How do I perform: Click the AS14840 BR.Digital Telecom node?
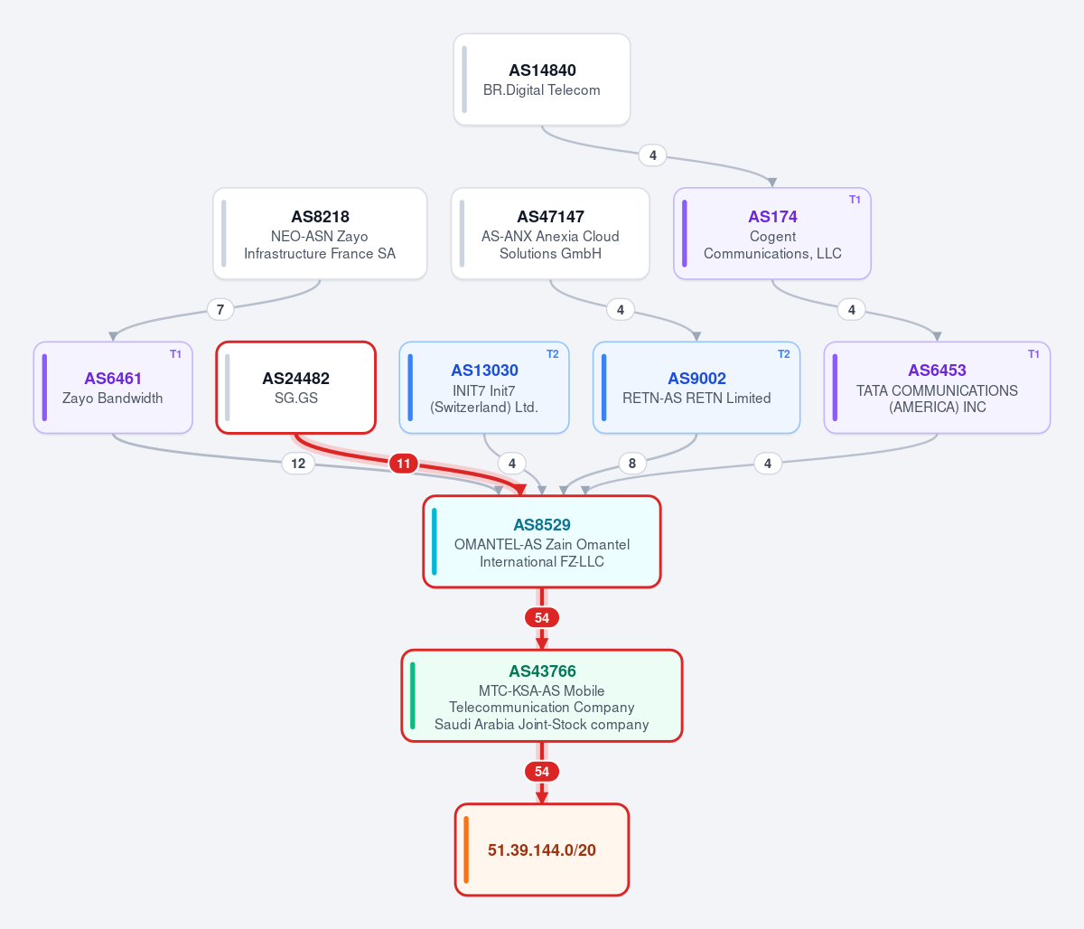(x=542, y=80)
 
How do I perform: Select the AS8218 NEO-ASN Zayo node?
(x=320, y=233)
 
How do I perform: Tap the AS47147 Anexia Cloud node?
(x=550, y=233)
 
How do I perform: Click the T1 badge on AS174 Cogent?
(x=855, y=200)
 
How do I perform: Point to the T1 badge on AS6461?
(x=175, y=354)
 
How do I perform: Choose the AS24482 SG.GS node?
(x=295, y=388)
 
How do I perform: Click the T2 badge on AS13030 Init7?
(x=553, y=354)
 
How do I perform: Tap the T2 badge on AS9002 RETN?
(x=783, y=354)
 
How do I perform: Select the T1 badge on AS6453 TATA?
(x=1033, y=354)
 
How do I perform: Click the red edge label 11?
(x=403, y=464)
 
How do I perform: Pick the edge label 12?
(x=298, y=464)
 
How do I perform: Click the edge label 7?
(x=220, y=309)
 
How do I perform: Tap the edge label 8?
(x=632, y=464)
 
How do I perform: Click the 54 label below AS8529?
(x=542, y=618)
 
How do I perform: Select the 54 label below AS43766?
(x=542, y=772)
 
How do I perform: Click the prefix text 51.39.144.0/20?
(x=542, y=849)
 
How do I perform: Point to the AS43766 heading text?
(x=542, y=671)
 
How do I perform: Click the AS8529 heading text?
(x=542, y=524)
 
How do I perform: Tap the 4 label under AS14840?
(x=652, y=155)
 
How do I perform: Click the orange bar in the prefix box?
(x=466, y=849)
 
